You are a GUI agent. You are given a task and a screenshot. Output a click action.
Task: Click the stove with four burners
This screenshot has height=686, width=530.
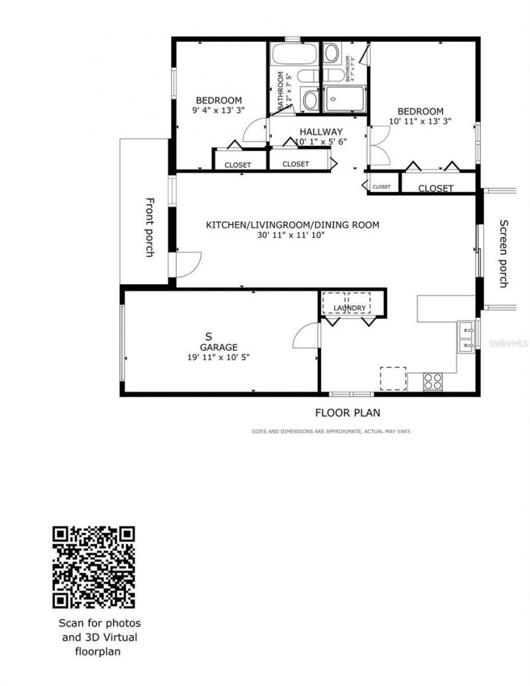tap(433, 381)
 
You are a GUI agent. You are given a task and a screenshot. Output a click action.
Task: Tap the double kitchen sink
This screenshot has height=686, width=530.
tap(466, 336)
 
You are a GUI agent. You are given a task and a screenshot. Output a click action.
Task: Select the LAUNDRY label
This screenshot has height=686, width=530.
tap(349, 309)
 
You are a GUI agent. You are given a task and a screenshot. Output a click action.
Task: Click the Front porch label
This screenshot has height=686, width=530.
tap(150, 227)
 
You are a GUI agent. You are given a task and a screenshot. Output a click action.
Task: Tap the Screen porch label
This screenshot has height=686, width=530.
tap(503, 254)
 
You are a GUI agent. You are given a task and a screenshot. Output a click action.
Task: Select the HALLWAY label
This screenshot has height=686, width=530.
tap(321, 132)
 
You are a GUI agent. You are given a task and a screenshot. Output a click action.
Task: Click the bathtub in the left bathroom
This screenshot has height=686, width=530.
tap(294, 54)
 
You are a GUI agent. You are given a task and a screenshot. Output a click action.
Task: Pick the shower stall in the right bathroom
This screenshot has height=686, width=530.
tap(345, 99)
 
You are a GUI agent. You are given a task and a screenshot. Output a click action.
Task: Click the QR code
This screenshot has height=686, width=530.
tap(94, 567)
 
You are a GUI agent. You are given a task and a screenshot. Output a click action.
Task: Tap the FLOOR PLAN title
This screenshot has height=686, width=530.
tap(347, 413)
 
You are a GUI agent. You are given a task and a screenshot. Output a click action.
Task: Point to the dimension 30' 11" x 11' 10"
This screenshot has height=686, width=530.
tap(291, 235)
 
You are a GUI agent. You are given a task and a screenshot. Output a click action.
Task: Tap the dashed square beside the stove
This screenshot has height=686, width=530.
tap(393, 379)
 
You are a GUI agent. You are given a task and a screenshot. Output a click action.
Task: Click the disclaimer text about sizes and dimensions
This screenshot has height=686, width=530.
tap(331, 432)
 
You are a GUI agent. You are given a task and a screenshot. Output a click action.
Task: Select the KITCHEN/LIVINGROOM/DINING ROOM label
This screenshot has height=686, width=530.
tap(292, 225)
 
